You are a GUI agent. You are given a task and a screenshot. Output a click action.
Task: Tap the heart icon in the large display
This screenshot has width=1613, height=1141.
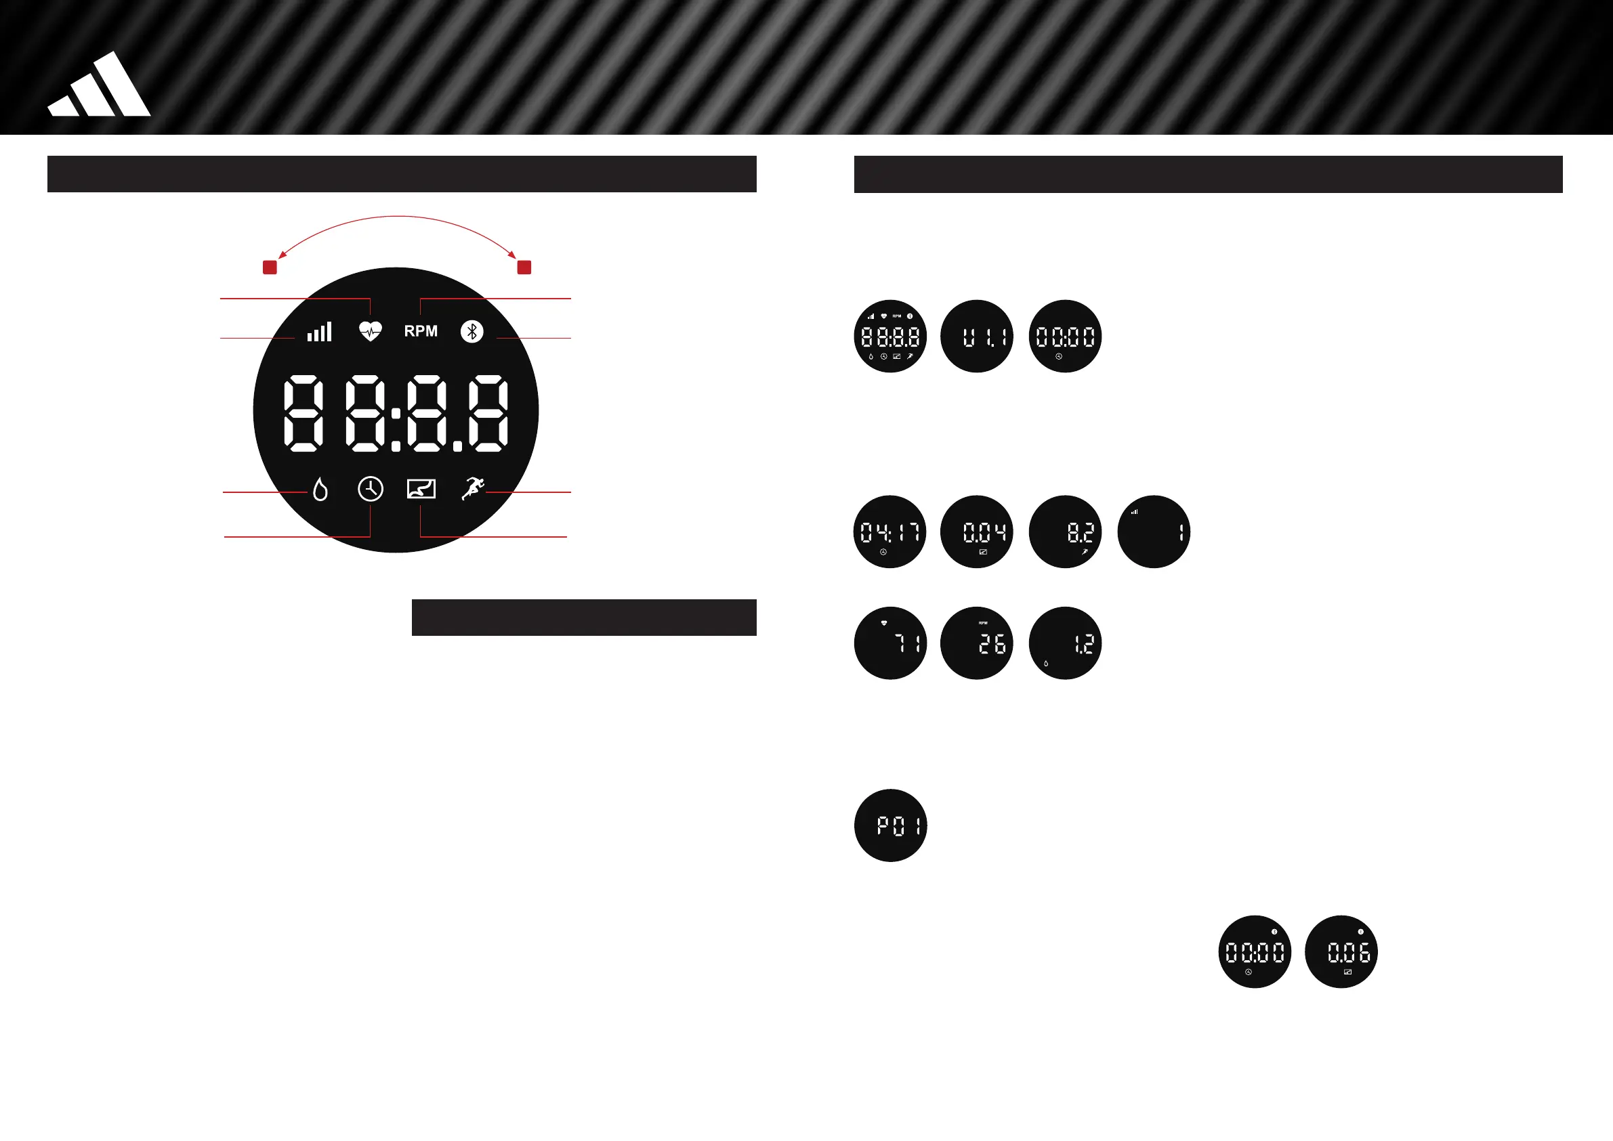(371, 330)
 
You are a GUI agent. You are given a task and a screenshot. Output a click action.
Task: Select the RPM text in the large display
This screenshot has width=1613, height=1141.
(420, 331)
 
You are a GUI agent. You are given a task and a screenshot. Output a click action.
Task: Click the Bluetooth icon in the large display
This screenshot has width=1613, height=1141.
(472, 331)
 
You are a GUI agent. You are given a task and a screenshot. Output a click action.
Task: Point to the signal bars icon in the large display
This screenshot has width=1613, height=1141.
(320, 332)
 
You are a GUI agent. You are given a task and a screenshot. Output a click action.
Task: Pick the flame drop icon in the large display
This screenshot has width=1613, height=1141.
(320, 489)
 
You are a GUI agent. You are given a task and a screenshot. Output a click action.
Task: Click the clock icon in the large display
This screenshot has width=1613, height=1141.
(371, 489)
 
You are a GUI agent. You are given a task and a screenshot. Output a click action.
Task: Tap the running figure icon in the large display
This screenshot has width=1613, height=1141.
(473, 488)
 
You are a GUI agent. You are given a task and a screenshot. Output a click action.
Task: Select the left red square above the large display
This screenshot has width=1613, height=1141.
(270, 267)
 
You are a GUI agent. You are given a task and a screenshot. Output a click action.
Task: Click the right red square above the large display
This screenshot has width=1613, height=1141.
(524, 267)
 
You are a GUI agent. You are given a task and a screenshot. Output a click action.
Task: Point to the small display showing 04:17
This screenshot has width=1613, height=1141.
(889, 532)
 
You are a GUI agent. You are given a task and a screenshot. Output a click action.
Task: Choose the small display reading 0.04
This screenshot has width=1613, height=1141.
(977, 532)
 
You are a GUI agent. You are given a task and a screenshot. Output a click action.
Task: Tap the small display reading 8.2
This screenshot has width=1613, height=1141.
(1065, 532)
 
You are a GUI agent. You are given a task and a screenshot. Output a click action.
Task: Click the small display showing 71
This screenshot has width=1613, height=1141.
(890, 643)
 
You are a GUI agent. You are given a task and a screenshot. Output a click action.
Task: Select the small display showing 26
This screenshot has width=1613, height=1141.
(977, 643)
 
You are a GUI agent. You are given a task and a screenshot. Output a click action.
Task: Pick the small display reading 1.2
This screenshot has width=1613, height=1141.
(1065, 643)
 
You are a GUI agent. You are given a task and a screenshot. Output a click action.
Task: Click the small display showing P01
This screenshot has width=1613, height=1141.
(890, 825)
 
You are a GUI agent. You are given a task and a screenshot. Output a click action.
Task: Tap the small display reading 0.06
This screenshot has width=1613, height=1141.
(1341, 952)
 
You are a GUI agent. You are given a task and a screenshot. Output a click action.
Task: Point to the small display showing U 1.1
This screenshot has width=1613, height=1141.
(977, 337)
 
